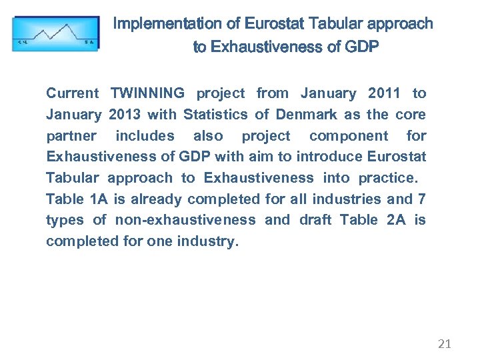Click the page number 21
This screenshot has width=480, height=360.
pyautogui.click(x=445, y=344)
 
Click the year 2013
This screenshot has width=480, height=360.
pyautogui.click(x=124, y=115)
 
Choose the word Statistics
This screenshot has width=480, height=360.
pyautogui.click(x=213, y=115)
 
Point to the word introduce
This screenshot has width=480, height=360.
pyautogui.click(x=336, y=157)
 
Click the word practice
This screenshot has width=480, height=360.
pyautogui.click(x=386, y=178)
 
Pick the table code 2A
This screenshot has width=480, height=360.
pyautogui.click(x=395, y=220)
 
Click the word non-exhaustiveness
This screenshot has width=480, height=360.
pyautogui.click(x=185, y=220)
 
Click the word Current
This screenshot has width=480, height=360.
pyautogui.click(x=72, y=93)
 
